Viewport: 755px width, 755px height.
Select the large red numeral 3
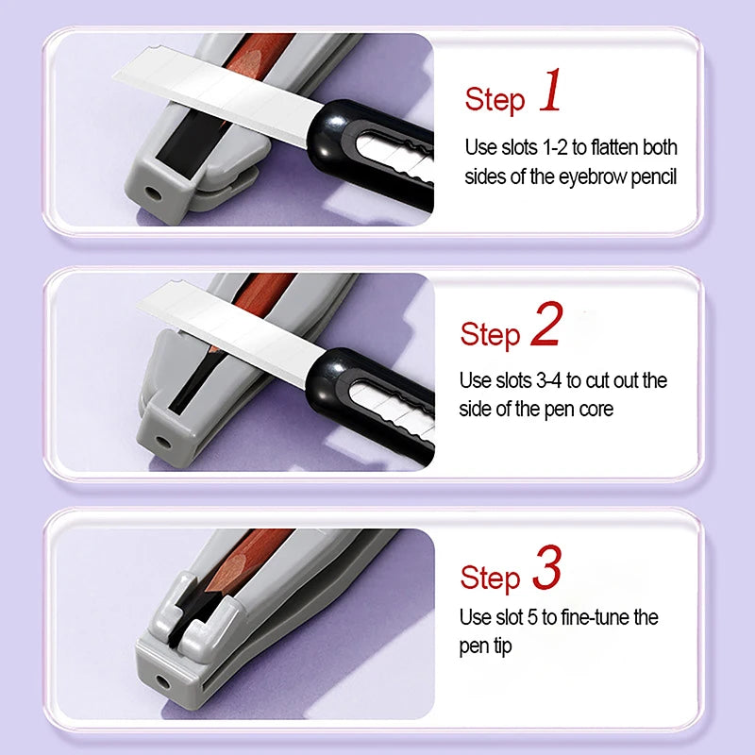(x=546, y=569)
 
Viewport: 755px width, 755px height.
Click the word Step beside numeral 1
(x=494, y=100)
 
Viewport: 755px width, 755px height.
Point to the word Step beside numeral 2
(x=490, y=334)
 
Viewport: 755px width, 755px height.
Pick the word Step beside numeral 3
(x=490, y=578)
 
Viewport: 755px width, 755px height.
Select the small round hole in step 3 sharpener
(x=163, y=679)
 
